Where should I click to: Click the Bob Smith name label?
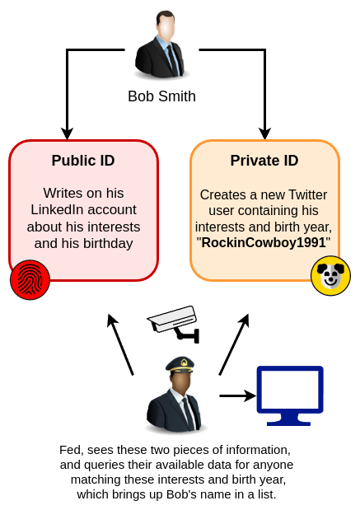161,96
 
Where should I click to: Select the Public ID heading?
83,161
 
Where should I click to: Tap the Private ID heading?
264,161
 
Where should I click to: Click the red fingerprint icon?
30,280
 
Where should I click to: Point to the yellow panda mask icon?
330,276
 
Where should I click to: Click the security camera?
173,323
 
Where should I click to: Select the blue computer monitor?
290,395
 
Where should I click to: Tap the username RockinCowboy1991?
264,242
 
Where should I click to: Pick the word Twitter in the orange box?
307,194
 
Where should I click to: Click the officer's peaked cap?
180,365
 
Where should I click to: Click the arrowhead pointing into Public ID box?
67,133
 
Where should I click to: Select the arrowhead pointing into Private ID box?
265,133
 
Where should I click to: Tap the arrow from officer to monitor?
238,395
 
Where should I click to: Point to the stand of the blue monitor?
289,419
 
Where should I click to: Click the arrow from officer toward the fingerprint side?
120,344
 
